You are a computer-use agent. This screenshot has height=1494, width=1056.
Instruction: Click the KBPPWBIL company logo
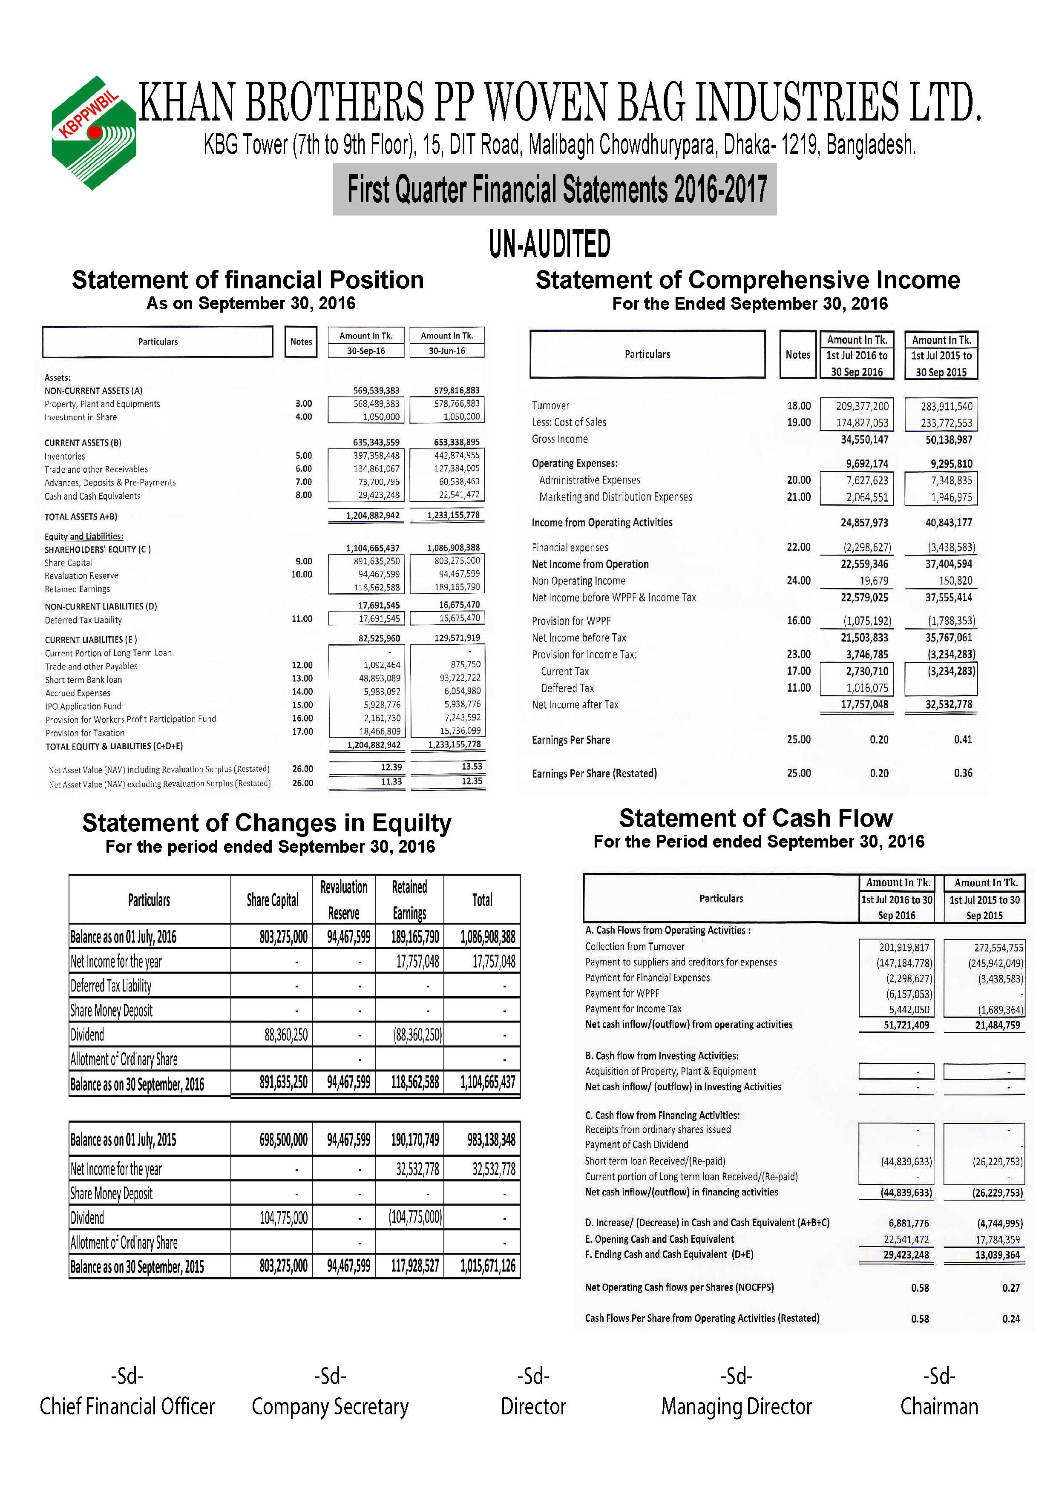tap(94, 133)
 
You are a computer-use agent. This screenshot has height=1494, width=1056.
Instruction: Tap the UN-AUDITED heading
tap(550, 244)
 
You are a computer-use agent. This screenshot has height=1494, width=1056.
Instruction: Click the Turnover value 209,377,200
tap(862, 406)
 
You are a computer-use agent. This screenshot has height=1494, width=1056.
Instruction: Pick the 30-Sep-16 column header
tap(365, 351)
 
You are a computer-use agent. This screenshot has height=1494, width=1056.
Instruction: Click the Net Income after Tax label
tap(575, 705)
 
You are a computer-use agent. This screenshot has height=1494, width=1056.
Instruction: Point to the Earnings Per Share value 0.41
tap(963, 740)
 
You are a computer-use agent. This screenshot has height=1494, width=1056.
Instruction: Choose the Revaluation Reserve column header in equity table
tap(343, 900)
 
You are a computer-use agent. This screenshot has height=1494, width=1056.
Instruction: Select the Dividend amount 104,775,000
tap(284, 1218)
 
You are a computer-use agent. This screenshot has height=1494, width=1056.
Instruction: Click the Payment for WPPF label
tap(622, 994)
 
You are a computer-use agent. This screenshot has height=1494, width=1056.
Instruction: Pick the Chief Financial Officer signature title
tap(127, 1407)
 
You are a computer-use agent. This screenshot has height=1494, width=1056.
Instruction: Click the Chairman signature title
tap(939, 1407)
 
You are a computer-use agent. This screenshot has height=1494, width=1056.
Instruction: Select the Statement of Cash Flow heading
tap(755, 818)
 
